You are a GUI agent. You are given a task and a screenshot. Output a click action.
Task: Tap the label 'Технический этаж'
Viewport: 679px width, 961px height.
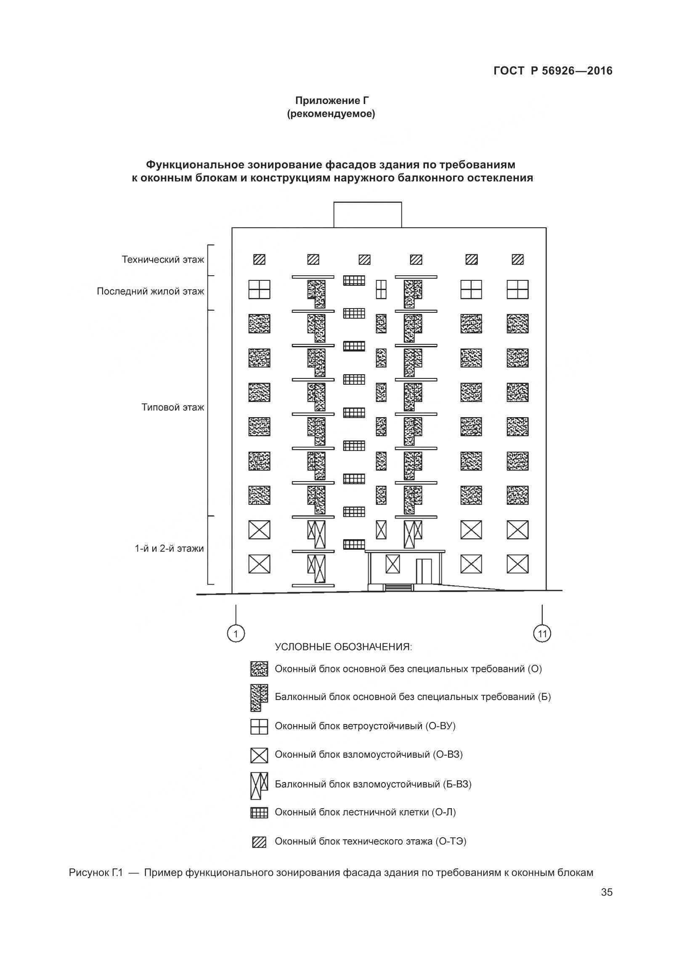coord(163,259)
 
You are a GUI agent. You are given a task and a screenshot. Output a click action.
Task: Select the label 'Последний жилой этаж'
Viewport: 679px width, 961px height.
coord(150,291)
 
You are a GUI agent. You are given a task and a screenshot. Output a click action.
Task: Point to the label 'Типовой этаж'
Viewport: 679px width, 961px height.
coord(172,407)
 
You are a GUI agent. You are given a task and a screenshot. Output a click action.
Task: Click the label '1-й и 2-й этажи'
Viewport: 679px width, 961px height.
coord(169,548)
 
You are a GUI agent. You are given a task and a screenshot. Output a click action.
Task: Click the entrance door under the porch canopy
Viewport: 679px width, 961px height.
coord(423,571)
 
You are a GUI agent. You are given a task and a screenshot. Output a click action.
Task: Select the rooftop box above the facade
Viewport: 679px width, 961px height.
coord(367,215)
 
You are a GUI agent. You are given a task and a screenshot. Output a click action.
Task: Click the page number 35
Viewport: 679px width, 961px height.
coord(607,904)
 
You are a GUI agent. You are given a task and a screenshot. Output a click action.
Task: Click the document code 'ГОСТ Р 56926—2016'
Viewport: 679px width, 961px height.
coord(553,71)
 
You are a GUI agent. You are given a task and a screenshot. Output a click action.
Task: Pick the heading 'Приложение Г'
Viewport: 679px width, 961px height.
coord(332,101)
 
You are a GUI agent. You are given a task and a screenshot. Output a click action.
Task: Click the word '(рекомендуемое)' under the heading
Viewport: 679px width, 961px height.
coord(331,114)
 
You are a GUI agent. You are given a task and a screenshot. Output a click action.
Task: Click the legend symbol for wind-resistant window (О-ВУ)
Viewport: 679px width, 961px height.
coord(259,727)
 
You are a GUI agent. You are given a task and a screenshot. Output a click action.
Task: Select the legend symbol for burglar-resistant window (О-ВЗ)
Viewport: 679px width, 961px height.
coord(259,755)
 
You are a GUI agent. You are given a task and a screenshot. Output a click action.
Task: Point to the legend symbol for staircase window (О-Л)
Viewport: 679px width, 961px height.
coord(259,813)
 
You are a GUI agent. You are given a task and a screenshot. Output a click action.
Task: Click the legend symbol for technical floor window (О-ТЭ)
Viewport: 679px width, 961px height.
coord(259,842)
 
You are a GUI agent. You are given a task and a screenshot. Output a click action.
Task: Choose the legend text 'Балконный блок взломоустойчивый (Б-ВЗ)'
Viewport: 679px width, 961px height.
coord(373,784)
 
